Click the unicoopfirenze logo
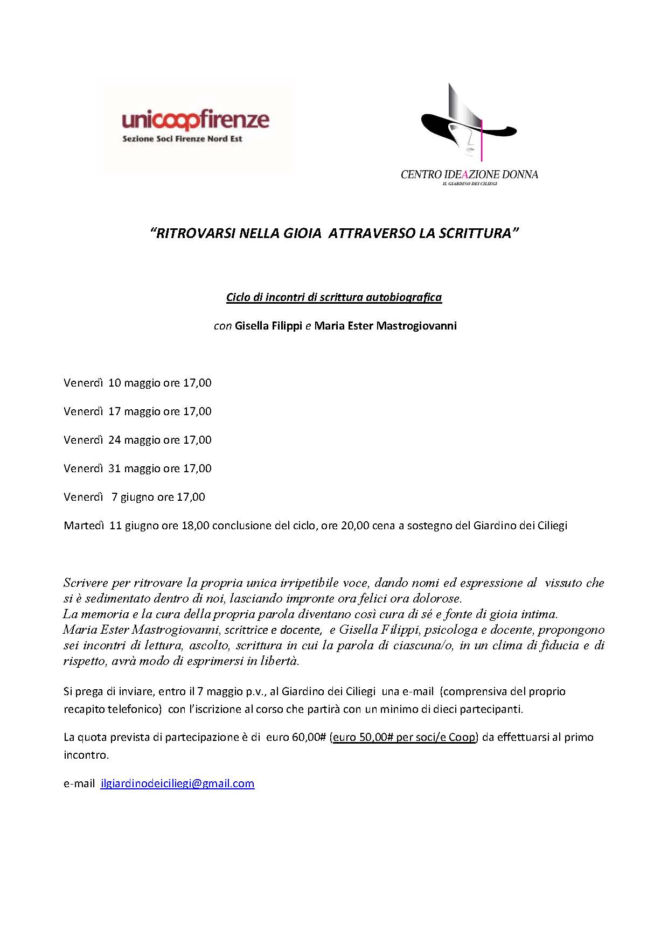click(196, 120)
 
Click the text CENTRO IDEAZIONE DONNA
click(469, 174)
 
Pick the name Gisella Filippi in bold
click(268, 326)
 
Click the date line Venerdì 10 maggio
click(137, 383)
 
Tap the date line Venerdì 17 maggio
click(137, 411)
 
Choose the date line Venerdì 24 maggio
click(137, 440)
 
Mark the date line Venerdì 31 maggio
click(137, 468)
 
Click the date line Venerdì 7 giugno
click(134, 497)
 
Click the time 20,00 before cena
click(355, 526)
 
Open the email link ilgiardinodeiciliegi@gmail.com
click(177, 783)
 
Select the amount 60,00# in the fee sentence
click(309, 737)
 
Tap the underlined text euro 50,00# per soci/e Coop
click(404, 737)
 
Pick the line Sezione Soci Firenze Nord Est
click(182, 139)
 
